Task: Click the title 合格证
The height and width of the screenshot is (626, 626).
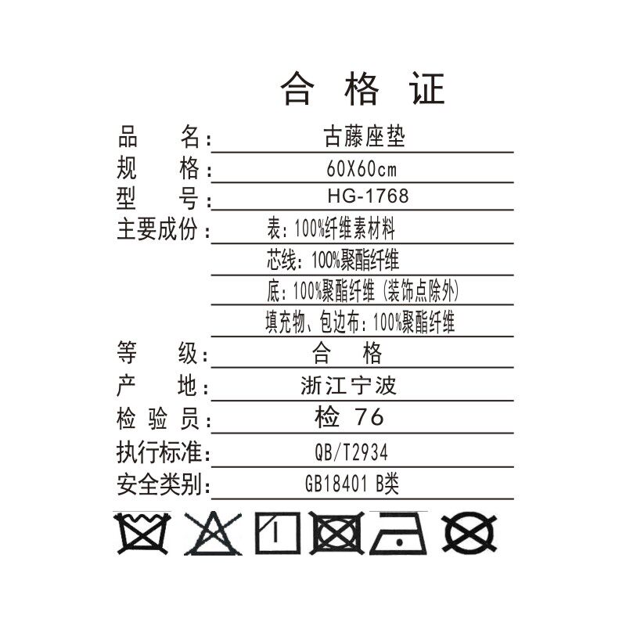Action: (x=362, y=89)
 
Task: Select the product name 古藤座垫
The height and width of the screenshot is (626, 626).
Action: (x=365, y=138)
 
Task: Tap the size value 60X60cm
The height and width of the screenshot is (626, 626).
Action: (x=362, y=168)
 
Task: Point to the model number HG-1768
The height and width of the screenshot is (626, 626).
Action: (x=368, y=196)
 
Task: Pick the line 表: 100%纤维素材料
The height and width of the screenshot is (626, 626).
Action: (x=331, y=230)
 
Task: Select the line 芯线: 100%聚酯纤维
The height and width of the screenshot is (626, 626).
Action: (x=333, y=261)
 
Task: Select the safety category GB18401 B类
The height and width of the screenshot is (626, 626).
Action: (x=352, y=484)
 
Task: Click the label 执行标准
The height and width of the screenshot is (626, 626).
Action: (x=160, y=452)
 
